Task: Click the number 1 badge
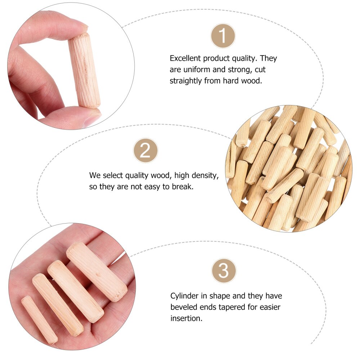pyautogui.click(x=223, y=36)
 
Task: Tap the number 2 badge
pyautogui.click(x=145, y=150)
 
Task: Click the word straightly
pyautogui.click(x=186, y=81)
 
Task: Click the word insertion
pyautogui.click(x=186, y=318)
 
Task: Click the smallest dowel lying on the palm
pyautogui.click(x=39, y=319)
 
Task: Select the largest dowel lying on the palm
pyautogui.click(x=96, y=271)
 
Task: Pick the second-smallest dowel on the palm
pyautogui.click(x=58, y=305)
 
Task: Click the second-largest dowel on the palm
pyautogui.click(x=76, y=291)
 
